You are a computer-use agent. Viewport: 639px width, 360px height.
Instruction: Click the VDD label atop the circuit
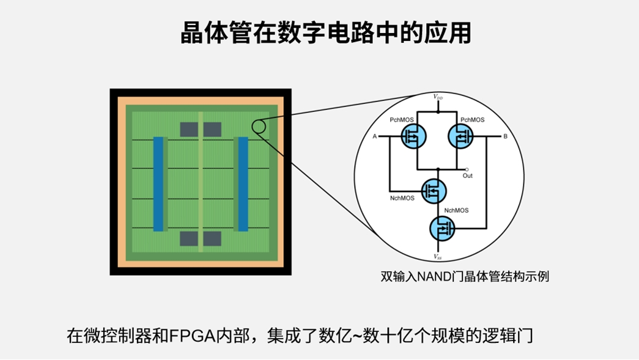tap(438, 97)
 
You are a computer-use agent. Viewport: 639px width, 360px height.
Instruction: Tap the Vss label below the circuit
tap(438, 257)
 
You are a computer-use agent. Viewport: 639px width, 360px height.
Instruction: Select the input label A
tap(374, 136)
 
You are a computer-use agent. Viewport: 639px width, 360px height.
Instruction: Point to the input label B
tap(505, 136)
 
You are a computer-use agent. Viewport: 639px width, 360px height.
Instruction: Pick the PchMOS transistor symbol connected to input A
tap(414, 136)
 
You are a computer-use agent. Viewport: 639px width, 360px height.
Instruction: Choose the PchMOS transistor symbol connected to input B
tap(460, 136)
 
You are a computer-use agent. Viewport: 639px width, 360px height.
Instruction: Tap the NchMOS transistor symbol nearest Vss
tap(442, 229)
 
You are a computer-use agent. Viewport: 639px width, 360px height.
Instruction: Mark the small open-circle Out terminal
tap(467, 169)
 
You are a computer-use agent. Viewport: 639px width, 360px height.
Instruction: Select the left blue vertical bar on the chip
tap(158, 183)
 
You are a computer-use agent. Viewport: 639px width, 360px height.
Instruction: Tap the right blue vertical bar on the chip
tap(243, 183)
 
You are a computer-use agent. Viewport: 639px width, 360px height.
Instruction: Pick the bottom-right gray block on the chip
tap(212, 238)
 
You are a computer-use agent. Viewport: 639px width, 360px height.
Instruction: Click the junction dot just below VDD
tap(438, 112)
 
